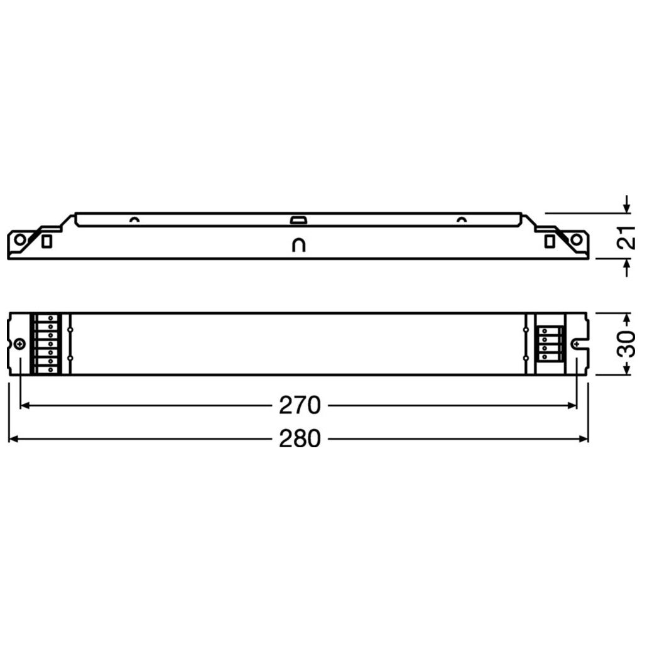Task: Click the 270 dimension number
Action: (x=300, y=405)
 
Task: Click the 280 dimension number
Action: (x=300, y=438)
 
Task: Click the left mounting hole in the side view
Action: (x=20, y=239)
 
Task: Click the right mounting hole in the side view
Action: (x=576, y=239)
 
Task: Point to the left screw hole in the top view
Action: (x=20, y=344)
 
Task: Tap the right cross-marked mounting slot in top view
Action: (x=577, y=344)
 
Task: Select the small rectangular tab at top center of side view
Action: (x=298, y=220)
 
